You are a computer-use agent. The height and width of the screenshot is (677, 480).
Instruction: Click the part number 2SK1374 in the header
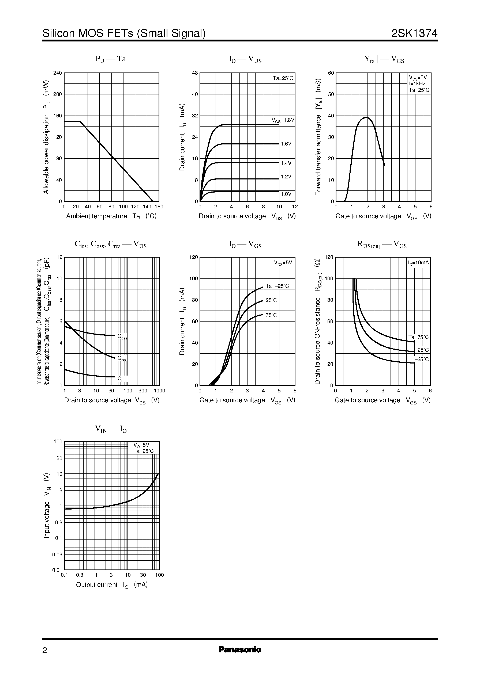(414, 33)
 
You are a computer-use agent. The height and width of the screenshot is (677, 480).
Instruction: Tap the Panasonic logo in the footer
(240, 649)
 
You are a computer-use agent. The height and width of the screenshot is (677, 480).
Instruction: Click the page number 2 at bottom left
(45, 651)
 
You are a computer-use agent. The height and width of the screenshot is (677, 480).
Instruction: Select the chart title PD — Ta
(111, 59)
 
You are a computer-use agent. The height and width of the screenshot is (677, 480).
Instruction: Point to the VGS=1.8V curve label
(283, 120)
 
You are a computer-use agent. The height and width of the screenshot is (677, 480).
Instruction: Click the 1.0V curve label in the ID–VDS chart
(286, 194)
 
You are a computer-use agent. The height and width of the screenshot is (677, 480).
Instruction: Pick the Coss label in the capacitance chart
(122, 336)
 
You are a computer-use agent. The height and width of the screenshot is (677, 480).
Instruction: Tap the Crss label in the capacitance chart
(122, 379)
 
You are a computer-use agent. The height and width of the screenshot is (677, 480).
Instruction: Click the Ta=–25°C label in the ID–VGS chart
(277, 286)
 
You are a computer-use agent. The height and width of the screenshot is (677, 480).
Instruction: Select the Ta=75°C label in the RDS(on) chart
(418, 337)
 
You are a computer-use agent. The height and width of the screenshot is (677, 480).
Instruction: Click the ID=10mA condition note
(418, 262)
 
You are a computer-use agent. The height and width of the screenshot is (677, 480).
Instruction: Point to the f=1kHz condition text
(417, 84)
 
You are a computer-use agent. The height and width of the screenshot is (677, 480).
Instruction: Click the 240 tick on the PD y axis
(57, 73)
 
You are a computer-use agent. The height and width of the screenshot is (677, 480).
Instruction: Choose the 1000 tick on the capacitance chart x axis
(159, 391)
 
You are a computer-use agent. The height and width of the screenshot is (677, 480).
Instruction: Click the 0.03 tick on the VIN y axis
(57, 554)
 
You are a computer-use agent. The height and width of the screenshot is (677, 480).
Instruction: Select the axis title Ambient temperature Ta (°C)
(111, 216)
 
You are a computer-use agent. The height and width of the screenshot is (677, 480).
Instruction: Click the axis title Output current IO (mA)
(112, 585)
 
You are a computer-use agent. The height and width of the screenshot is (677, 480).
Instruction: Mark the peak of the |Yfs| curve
(366, 117)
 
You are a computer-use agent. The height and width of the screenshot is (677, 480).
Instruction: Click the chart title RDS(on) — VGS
(382, 244)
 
